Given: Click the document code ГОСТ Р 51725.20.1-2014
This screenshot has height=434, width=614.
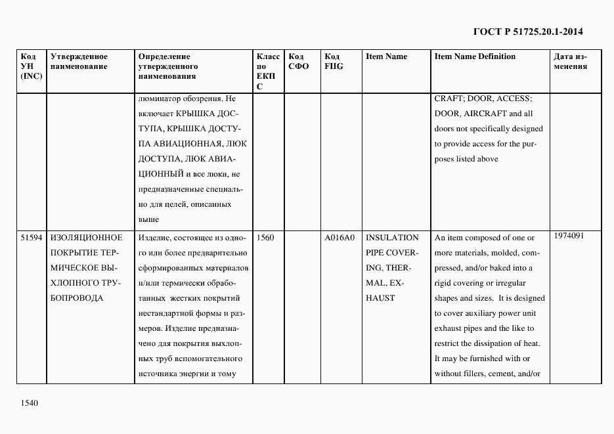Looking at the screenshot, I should [528, 32].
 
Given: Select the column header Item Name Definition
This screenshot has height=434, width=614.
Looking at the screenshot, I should [475, 56].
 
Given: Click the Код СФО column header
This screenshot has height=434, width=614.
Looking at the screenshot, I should [298, 62].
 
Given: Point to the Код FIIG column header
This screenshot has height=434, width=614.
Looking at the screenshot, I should [334, 62].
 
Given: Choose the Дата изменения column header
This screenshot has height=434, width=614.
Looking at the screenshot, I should [570, 62].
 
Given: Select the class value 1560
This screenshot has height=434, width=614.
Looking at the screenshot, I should [266, 238].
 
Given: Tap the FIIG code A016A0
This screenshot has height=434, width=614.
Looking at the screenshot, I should [340, 238].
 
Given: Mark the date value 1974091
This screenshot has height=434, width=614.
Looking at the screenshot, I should [569, 236].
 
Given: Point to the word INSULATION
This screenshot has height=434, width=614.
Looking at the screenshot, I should [391, 238].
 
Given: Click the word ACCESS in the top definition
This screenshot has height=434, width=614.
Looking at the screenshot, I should [514, 98].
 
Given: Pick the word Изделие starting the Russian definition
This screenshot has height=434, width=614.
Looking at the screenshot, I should [153, 238].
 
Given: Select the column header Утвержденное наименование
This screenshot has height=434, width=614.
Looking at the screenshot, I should [79, 62].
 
